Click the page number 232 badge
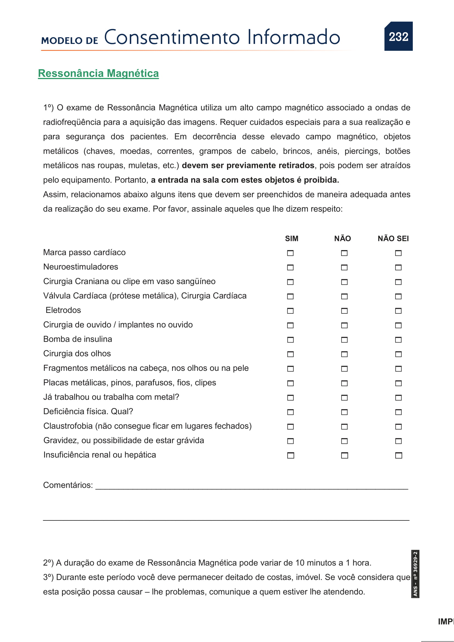pos(398,36)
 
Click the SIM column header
pos(291,239)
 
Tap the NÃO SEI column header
pos(393,239)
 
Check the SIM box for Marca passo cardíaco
pos(290,253)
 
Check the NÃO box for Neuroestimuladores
pos(344,268)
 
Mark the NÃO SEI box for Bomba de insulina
pos(398,340)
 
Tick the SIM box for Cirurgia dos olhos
pos(290,354)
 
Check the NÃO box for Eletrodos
pos(344,311)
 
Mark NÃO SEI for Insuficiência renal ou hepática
pos(398,456)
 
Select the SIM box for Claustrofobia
pos(290,427)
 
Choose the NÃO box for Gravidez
pos(344,441)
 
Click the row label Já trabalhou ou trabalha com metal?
pos(111,397)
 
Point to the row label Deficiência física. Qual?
pos(88,412)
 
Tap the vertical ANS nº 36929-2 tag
pos(415,574)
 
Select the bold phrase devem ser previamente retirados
pos(248,166)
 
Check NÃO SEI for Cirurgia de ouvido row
pos(398,326)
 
